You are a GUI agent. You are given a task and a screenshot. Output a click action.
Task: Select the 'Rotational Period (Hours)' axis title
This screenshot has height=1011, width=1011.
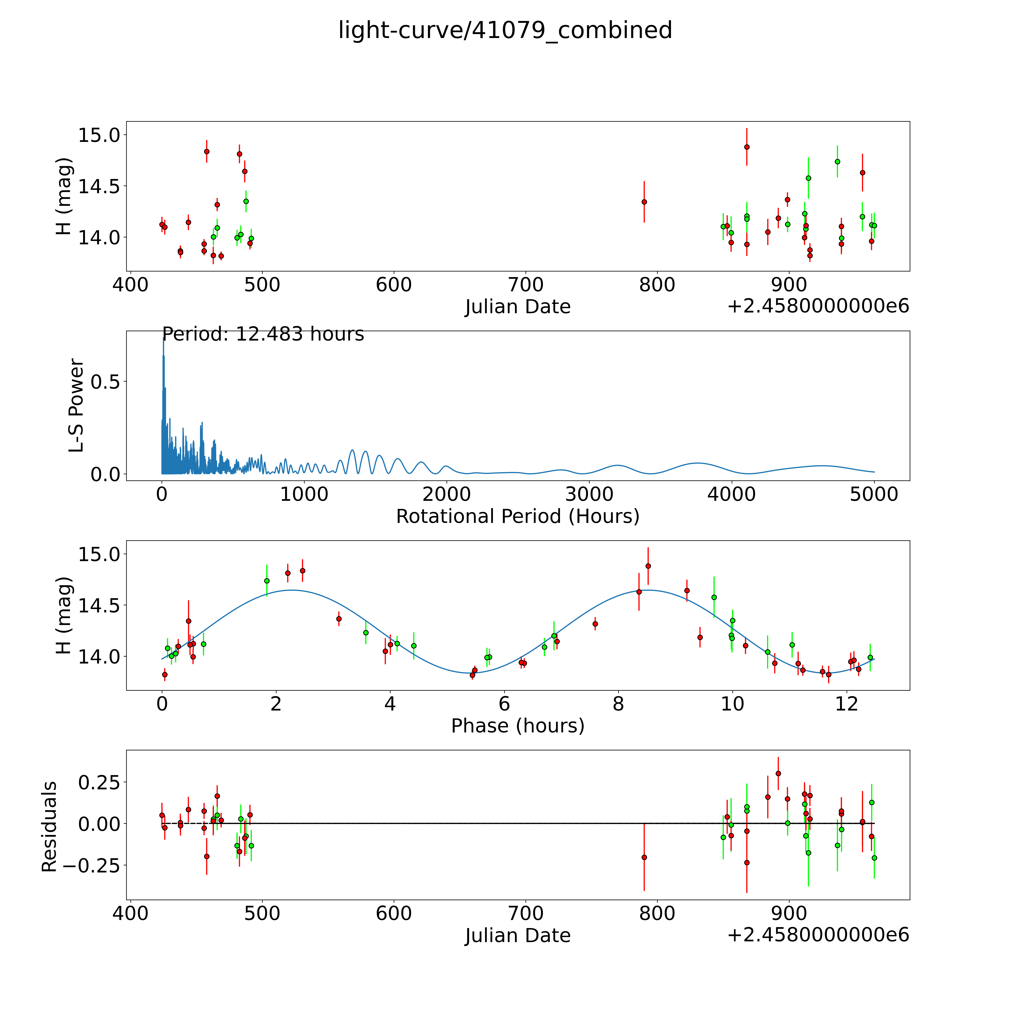coord(517,517)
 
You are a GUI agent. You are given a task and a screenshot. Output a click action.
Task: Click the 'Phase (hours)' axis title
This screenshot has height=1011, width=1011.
coord(517,726)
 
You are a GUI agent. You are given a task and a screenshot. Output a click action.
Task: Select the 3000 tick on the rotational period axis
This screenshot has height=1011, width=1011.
coord(589,494)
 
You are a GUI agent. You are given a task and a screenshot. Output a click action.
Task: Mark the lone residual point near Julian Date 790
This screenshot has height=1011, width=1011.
coord(644,857)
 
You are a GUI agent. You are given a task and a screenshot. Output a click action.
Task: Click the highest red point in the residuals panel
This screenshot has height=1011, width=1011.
coord(778,773)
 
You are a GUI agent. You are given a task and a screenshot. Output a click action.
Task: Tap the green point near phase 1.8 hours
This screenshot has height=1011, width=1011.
coord(267,581)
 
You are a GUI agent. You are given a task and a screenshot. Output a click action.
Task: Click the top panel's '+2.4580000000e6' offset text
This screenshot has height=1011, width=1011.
coord(818,307)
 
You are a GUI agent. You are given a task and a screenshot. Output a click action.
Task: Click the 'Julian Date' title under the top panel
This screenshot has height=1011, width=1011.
coord(517,307)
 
